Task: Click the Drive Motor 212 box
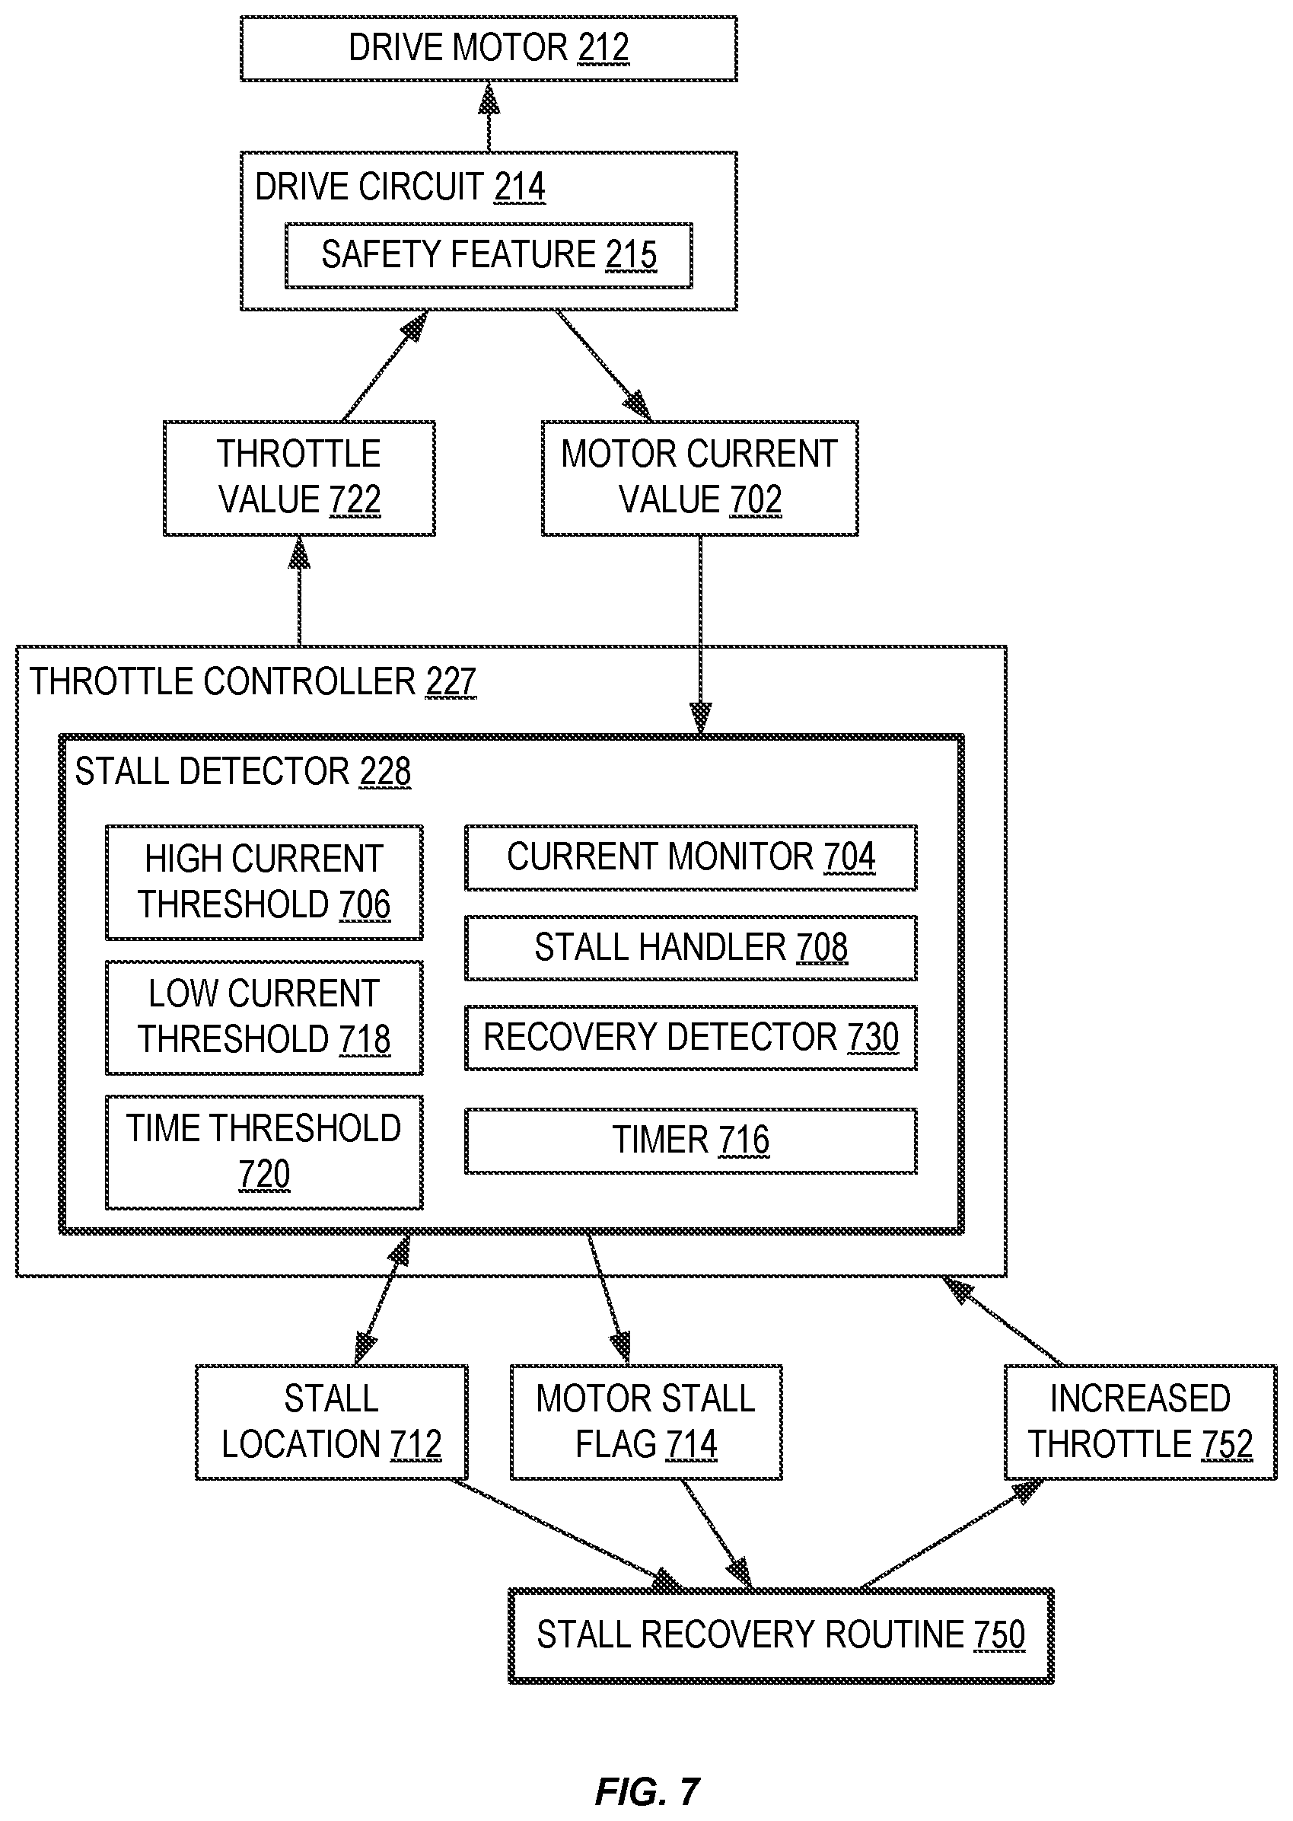pos(489,48)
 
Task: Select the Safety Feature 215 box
pos(489,255)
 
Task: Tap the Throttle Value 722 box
pos(299,478)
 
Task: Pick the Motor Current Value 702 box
pos(700,478)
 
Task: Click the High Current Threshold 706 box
pos(264,882)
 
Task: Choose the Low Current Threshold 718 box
pos(264,1017)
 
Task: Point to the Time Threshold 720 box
pos(264,1151)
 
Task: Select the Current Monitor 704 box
pos(691,857)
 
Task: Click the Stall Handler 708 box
pos(691,948)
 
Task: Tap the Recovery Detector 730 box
pos(691,1038)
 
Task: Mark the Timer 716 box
pos(691,1140)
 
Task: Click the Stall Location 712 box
pos(332,1422)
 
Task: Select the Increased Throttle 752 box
pos(1141,1422)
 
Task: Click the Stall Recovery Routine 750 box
pos(781,1635)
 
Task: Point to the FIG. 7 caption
pos(648,1791)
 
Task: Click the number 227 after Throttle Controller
pos(451,682)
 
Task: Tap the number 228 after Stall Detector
pos(385,771)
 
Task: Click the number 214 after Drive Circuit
pos(519,187)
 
